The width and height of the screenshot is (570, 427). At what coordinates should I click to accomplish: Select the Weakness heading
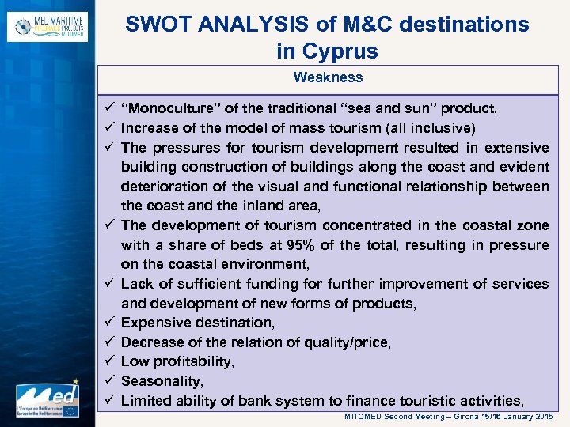tap(328, 77)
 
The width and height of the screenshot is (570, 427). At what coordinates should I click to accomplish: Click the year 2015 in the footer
tap(544, 416)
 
